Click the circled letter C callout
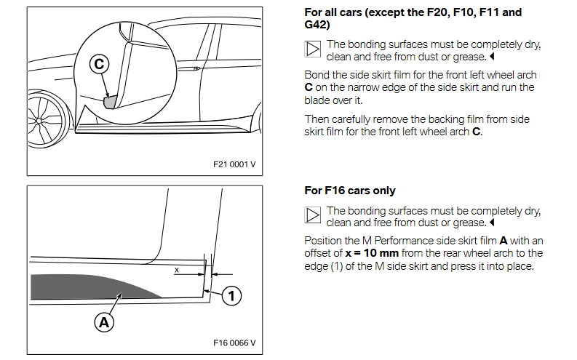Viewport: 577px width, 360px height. [100, 65]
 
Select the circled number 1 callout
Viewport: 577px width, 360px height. [231, 295]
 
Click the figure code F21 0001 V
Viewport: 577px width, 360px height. [234, 164]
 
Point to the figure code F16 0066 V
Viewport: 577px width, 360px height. [234, 343]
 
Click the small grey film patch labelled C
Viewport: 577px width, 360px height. [111, 100]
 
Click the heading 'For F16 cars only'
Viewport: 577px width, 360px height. [350, 191]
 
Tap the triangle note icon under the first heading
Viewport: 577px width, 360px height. [312, 49]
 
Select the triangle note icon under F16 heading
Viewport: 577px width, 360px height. [312, 215]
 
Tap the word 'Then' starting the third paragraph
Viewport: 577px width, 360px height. [317, 119]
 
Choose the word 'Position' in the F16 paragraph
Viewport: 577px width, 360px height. [325, 241]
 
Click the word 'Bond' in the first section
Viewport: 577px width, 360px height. [317, 75]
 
